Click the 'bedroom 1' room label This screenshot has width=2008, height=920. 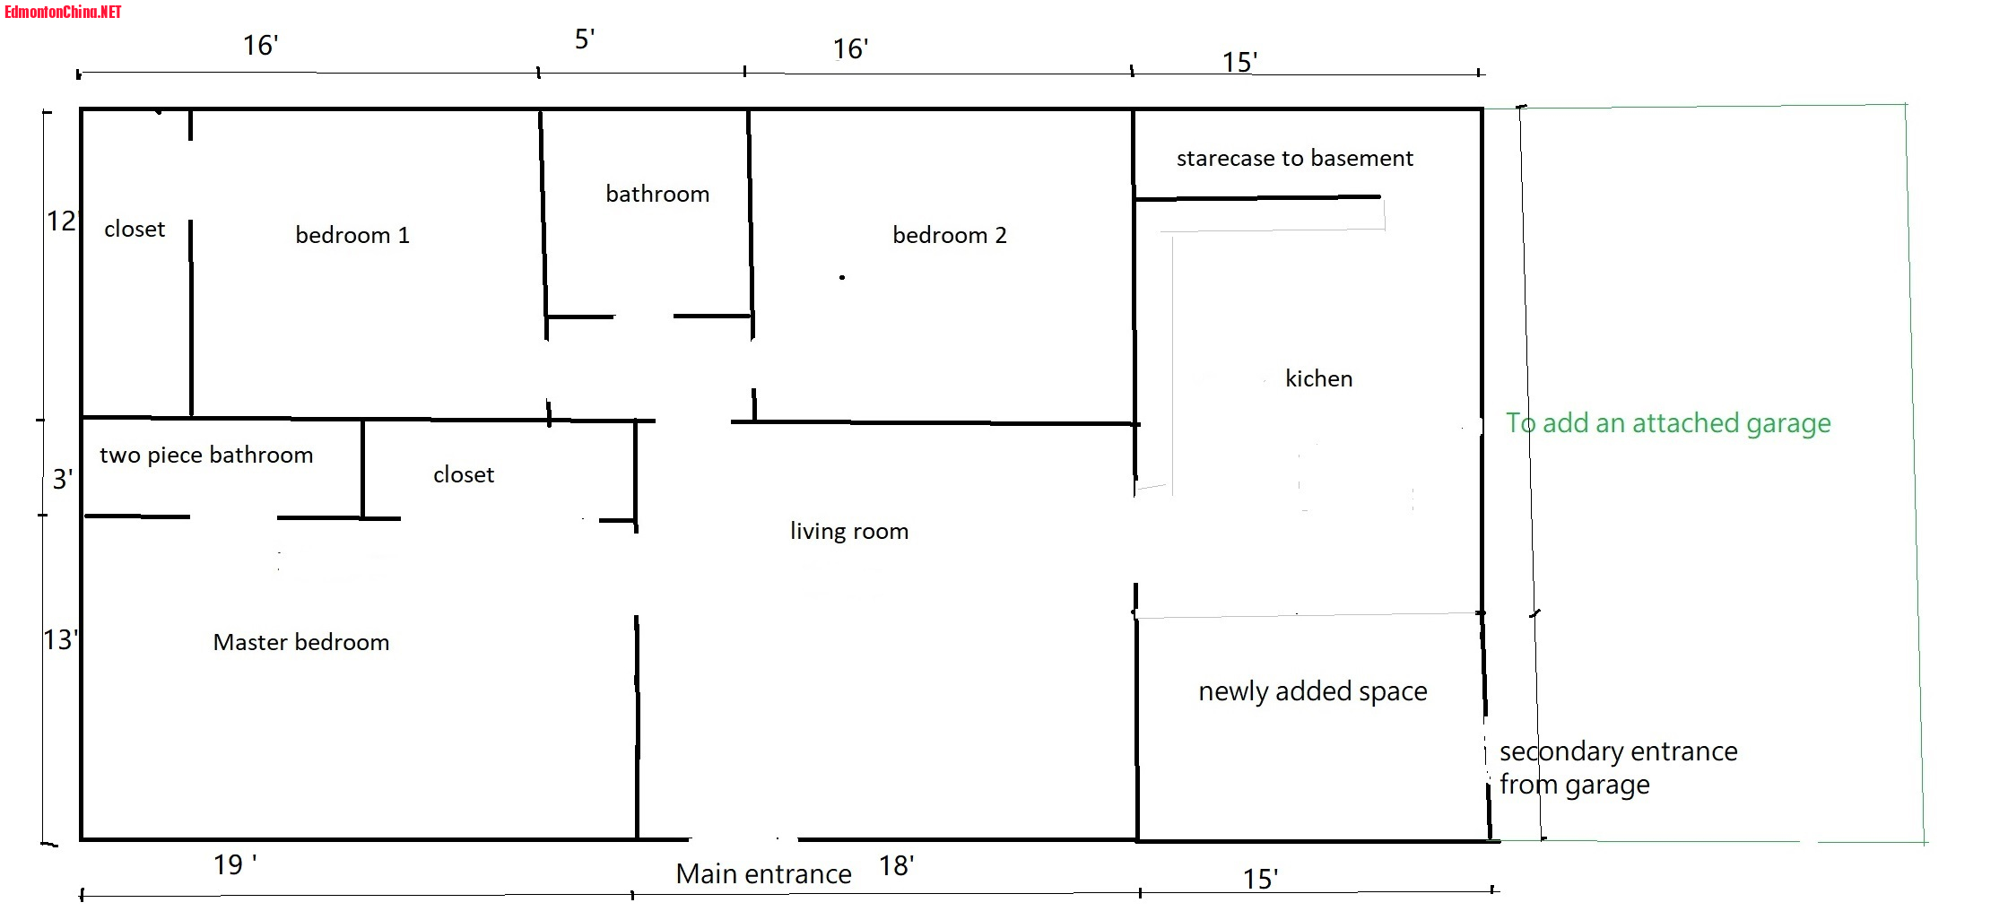[352, 235]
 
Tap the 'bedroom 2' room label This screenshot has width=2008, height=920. [950, 235]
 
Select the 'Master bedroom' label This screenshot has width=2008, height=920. [301, 642]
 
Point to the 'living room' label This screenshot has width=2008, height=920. [849, 531]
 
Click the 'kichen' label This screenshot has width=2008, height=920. [1318, 378]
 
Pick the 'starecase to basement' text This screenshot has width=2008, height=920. [1294, 159]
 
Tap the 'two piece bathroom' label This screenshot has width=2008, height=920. [206, 455]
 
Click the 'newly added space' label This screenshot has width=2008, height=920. [1313, 691]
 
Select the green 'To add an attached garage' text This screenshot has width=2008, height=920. [1668, 422]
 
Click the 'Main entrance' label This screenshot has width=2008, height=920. [763, 873]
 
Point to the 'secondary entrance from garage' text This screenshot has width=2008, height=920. [1618, 768]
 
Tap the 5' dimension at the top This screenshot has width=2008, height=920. [585, 39]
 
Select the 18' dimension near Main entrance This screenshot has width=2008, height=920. [896, 865]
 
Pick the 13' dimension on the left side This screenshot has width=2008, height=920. [60, 639]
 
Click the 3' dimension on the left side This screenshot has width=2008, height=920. [61, 479]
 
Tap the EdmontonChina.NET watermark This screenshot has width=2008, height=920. [63, 12]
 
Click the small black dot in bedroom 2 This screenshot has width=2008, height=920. [842, 277]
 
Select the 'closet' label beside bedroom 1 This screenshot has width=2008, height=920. [135, 229]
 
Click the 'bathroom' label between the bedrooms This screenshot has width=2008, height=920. [657, 194]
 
